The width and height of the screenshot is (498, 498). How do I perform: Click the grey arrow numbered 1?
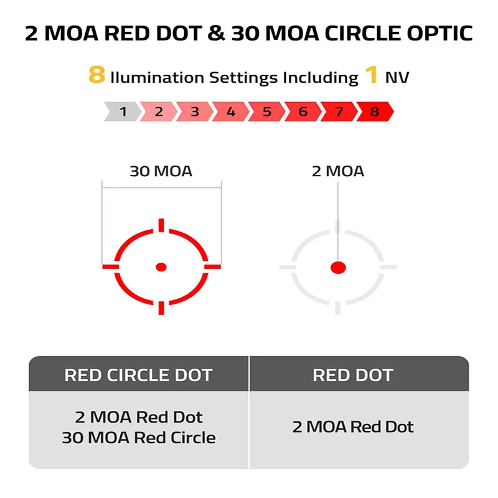(123, 111)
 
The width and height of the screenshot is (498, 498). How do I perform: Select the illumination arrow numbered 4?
(231, 111)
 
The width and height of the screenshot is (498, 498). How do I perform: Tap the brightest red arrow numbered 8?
(375, 111)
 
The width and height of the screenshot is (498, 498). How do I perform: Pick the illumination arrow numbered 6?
(303, 111)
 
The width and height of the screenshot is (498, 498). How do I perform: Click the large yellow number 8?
(97, 75)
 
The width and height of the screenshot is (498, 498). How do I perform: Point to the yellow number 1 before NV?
(371, 75)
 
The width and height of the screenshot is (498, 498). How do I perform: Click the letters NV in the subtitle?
(397, 77)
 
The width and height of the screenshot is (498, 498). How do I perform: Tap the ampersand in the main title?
(216, 34)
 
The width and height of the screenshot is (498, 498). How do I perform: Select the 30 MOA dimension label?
(161, 171)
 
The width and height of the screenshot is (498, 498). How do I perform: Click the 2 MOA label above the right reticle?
(338, 171)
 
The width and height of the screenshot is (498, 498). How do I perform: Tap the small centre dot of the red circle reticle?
(161, 267)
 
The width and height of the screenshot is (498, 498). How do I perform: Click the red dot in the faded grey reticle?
(338, 268)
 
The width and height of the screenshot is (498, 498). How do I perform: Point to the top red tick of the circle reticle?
(161, 225)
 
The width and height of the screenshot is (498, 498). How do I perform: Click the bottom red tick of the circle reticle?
(161, 308)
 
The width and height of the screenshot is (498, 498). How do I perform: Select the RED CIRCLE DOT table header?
(138, 375)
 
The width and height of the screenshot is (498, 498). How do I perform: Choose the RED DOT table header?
(353, 375)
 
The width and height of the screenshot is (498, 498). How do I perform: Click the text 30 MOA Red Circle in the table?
(139, 438)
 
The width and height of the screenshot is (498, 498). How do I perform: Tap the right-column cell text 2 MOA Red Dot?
(353, 427)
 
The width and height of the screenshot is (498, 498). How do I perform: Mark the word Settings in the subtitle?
(243, 78)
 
